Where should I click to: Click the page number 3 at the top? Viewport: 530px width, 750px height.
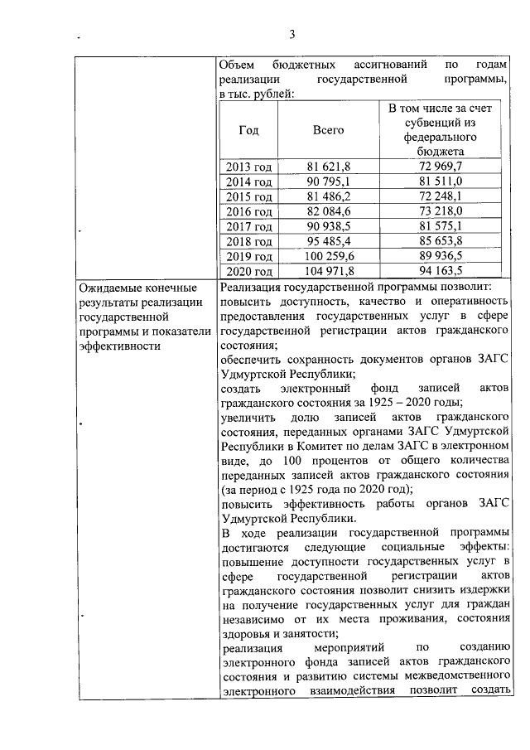292,34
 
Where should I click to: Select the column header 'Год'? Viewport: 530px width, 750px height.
248,130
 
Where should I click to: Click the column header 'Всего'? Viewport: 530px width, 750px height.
328,130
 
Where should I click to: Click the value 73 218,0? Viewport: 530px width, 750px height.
441,211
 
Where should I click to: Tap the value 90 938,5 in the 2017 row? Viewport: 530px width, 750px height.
328,226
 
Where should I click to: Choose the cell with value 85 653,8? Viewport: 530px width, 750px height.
441,241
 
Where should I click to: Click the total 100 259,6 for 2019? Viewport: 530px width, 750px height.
328,256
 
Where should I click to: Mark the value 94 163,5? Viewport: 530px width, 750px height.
441,271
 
